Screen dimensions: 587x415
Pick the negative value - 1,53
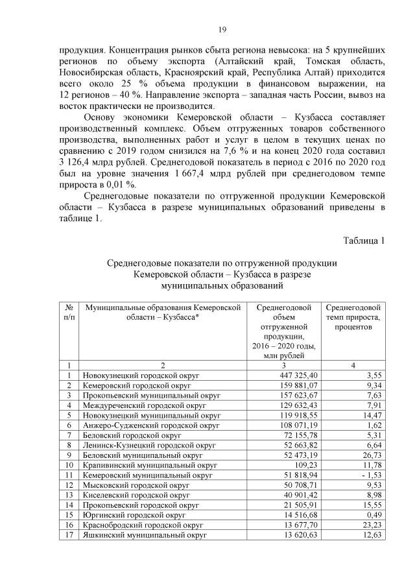(370, 475)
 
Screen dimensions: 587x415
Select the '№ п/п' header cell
(69, 312)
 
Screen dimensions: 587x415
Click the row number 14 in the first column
(69, 505)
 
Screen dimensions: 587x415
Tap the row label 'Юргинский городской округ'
(130, 515)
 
